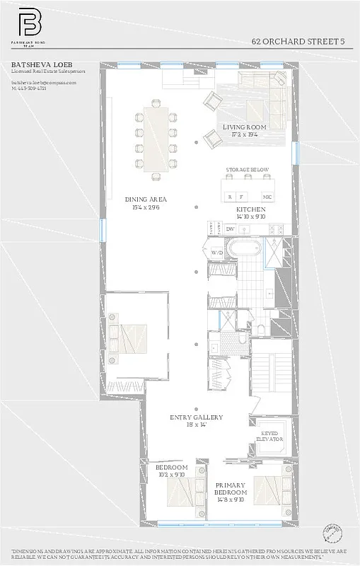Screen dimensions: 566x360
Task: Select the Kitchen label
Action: pyautogui.click(x=251, y=210)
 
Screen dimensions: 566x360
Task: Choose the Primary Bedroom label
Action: pyautogui.click(x=231, y=488)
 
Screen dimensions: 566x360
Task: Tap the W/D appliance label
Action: pyautogui.click(x=217, y=252)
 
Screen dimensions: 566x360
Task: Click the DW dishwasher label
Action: pyautogui.click(x=230, y=229)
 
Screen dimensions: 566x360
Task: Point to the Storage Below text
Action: pyautogui.click(x=247, y=171)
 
